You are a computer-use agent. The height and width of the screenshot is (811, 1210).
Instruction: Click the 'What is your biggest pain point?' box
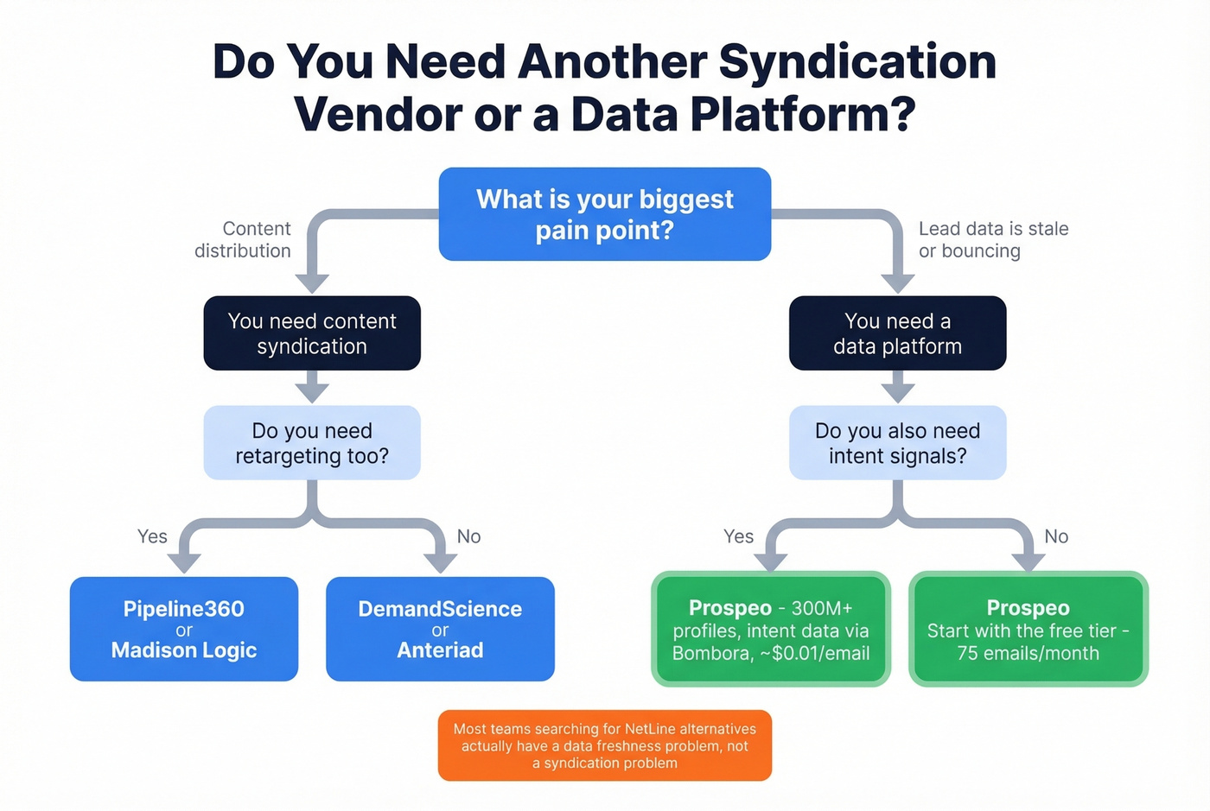(x=604, y=214)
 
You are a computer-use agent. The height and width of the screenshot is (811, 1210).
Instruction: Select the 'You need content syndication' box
(x=312, y=333)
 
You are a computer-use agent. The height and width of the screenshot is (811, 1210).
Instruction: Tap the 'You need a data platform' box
(x=897, y=333)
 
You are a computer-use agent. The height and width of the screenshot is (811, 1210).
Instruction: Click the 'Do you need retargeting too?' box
(x=312, y=443)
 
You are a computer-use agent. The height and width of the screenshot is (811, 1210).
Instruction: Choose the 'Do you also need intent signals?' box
(x=897, y=443)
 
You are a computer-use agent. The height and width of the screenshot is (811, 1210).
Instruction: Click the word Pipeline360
(x=183, y=609)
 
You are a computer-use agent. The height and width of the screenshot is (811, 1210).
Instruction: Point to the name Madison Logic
(x=183, y=650)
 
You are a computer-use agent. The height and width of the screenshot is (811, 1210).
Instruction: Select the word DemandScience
(x=440, y=609)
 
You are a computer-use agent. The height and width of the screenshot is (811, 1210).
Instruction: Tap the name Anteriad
(x=440, y=650)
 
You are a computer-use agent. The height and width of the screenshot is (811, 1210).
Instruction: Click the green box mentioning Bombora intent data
(x=770, y=630)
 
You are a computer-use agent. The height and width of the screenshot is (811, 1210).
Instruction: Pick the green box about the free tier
(x=1028, y=630)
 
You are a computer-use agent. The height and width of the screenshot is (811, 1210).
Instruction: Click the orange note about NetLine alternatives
(x=604, y=745)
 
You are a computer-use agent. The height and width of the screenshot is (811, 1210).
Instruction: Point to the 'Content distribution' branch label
(x=244, y=240)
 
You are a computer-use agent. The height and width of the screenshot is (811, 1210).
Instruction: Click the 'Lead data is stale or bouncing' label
(x=993, y=240)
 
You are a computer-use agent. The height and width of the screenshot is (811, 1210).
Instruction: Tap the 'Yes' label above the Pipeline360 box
(x=152, y=536)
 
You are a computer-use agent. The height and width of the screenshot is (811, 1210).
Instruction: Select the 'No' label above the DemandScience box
(x=468, y=536)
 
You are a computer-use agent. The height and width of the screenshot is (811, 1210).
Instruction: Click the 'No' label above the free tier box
(x=1055, y=536)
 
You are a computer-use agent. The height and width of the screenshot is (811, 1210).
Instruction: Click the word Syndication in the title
(x=857, y=62)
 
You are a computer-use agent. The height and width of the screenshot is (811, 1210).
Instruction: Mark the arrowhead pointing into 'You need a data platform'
(x=897, y=282)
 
